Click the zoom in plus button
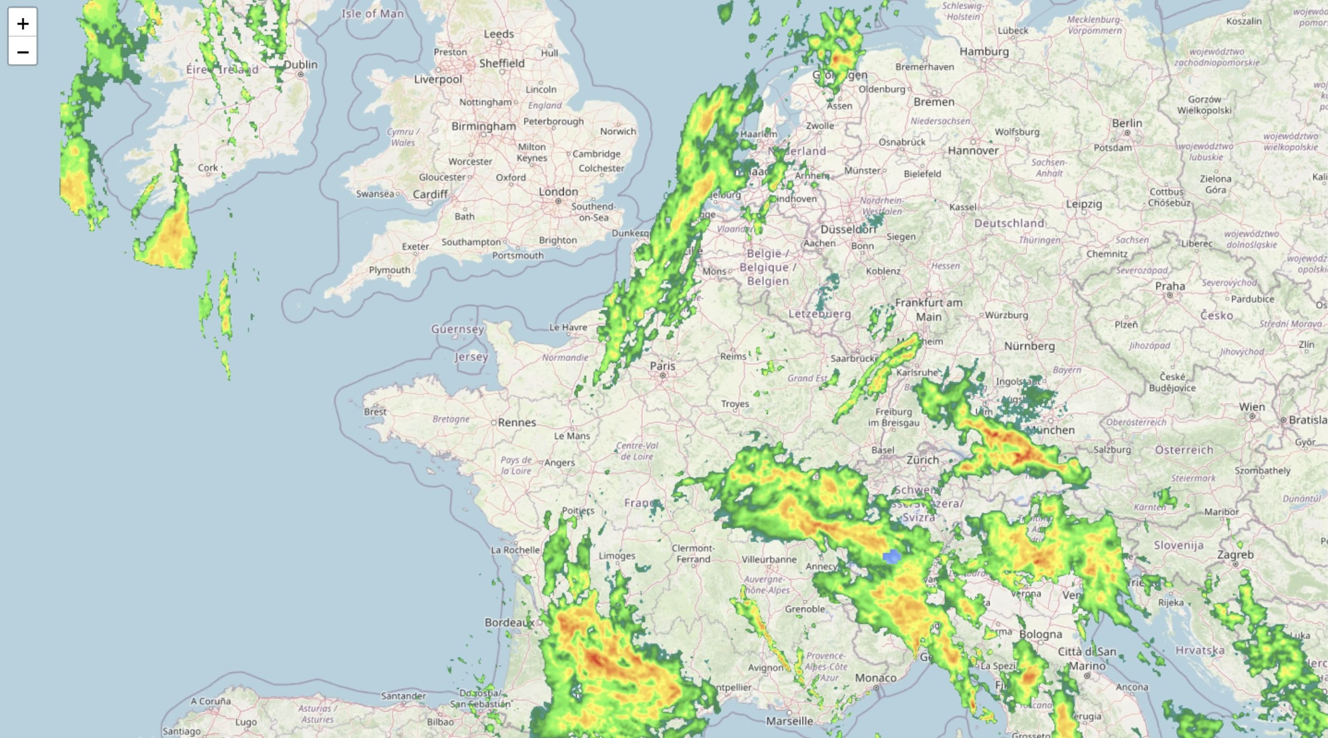click(x=23, y=23)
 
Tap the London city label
click(x=558, y=192)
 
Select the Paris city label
click(x=662, y=366)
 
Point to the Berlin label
click(x=1127, y=123)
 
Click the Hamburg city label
click(x=984, y=51)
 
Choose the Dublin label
click(x=301, y=65)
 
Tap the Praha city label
click(x=1170, y=286)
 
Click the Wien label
click(x=1251, y=407)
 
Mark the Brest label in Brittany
click(x=375, y=412)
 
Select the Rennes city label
click(x=517, y=422)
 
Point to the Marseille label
click(x=790, y=721)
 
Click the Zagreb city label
click(x=1235, y=555)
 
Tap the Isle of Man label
click(x=373, y=13)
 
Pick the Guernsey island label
click(x=458, y=329)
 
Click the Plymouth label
click(x=390, y=270)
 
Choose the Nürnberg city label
click(x=1029, y=346)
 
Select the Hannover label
click(x=973, y=151)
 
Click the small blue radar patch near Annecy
click(x=892, y=556)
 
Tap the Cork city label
click(x=208, y=168)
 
